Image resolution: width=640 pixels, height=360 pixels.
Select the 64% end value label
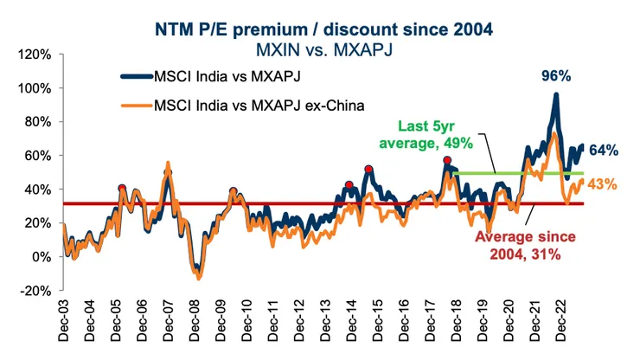coord(605,150)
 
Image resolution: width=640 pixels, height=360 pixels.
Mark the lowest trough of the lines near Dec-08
coord(198,278)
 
